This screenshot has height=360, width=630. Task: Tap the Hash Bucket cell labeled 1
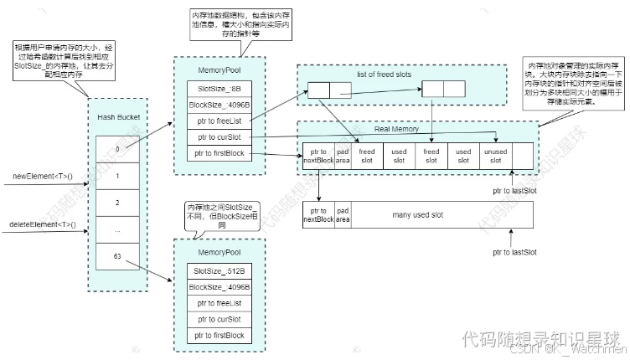click(119, 176)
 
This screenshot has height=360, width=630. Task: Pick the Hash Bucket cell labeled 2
click(119, 203)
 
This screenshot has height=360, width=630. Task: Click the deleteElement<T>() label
click(42, 226)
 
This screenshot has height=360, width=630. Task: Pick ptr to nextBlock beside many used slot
click(318, 215)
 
